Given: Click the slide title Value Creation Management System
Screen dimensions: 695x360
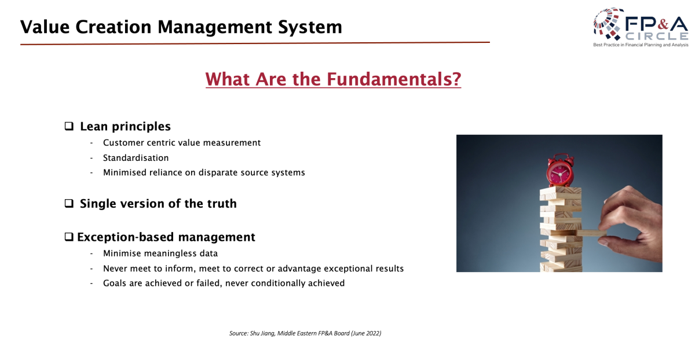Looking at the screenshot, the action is pos(181,27).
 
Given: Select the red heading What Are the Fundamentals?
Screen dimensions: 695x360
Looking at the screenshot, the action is pos(333,79).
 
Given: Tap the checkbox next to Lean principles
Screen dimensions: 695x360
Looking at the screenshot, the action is pos(69,126).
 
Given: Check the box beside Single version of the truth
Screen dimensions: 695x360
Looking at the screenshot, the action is pos(69,203).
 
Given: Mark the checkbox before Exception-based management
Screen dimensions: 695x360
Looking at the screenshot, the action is pos(69,237).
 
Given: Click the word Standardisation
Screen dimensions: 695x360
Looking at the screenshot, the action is pos(136,158).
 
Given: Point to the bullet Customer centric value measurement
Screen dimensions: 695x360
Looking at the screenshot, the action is pos(182,142).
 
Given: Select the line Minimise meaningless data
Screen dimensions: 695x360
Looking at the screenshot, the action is pos(160,254).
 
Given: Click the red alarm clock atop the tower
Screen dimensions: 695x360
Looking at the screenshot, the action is pos(561,171).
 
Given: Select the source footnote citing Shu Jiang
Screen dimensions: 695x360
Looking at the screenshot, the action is pos(305,333).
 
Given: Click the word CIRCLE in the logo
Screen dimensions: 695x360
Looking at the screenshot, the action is pos(657,36).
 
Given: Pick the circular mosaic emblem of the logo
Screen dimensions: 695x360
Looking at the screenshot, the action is pos(608,24).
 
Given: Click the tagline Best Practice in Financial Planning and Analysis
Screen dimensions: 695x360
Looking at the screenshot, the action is pos(641,45).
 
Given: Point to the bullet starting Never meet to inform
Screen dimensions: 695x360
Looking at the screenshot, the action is pos(253,269).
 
